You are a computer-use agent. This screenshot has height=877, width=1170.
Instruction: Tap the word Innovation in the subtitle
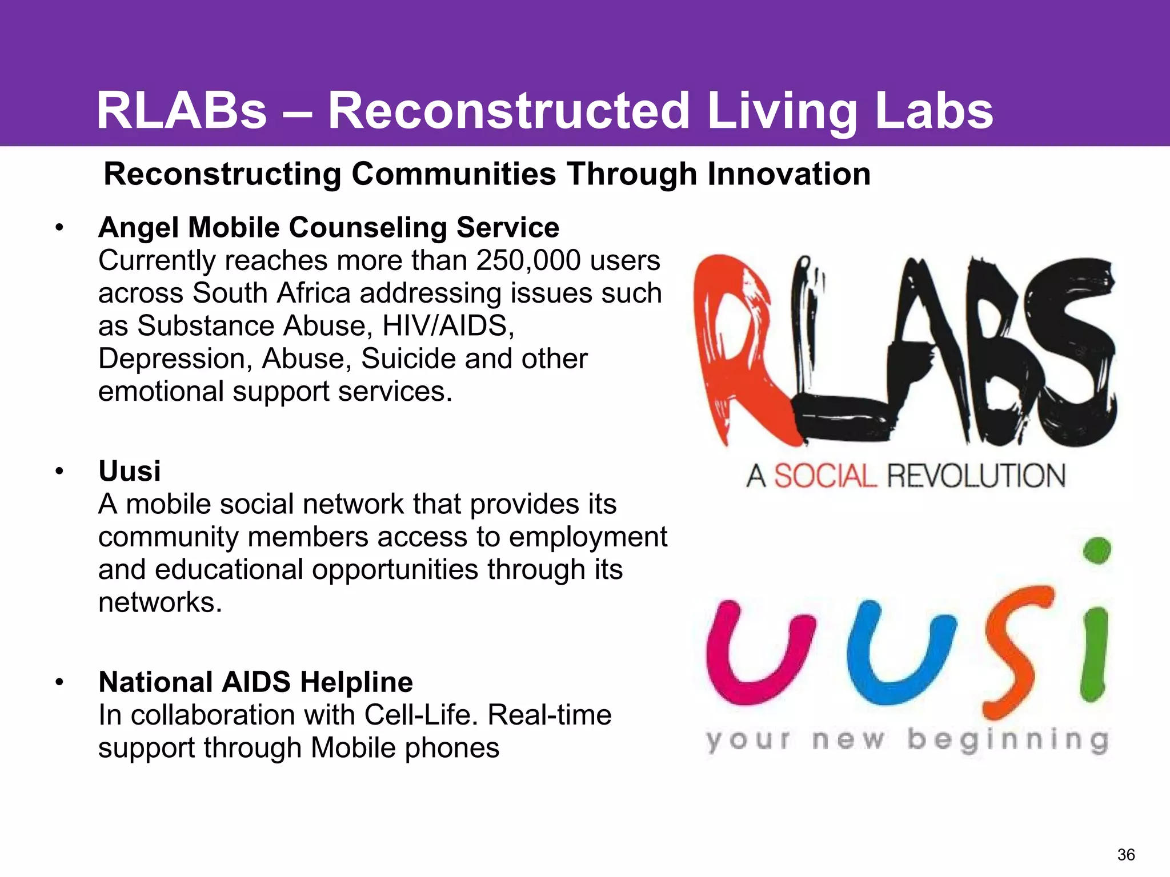tap(789, 174)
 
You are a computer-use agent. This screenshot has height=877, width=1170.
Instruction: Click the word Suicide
tap(408, 359)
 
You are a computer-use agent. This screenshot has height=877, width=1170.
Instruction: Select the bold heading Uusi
tap(130, 472)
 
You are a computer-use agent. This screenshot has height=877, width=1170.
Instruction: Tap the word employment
tap(588, 537)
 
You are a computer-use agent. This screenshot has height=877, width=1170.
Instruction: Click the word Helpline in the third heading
tap(356, 682)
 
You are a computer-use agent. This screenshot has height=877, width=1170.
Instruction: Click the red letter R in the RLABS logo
tap(737, 348)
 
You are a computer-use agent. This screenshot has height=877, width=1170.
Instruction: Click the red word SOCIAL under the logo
tap(825, 476)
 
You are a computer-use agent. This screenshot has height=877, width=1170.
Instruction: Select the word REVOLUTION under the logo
tap(976, 476)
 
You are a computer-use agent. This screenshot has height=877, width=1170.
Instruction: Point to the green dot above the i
tap(1097, 550)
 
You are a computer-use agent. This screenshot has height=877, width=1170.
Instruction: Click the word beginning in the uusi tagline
tap(1008, 741)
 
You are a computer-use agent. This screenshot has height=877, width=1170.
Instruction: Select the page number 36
tap(1126, 855)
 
